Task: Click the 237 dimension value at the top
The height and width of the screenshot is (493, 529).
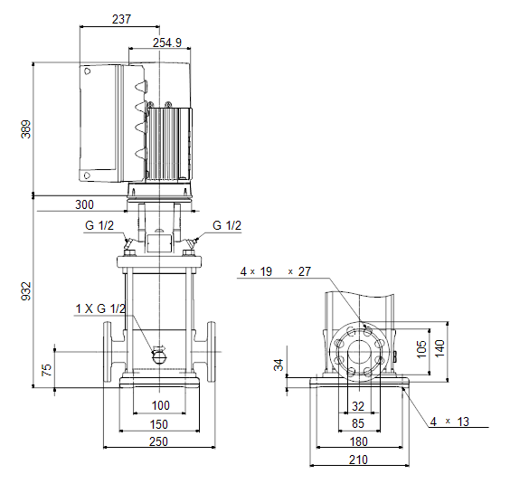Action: pos(121,19)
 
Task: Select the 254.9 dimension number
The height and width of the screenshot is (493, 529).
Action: pos(167,43)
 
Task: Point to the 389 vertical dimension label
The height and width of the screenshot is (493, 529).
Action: pos(26,128)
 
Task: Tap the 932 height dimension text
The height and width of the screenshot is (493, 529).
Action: pos(26,291)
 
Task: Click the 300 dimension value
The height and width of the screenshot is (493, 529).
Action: pos(84,204)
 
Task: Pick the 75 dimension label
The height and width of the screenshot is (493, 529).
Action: pos(46,370)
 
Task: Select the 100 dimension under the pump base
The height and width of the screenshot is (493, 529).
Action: pos(161,405)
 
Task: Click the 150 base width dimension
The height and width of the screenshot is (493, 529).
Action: pos(158,424)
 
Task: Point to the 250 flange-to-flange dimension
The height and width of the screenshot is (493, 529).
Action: pos(158,441)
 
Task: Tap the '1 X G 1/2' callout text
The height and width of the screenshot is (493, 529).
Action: pos(100,308)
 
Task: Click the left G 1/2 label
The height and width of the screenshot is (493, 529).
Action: pos(99,225)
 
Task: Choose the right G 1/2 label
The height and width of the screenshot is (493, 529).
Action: pos(227,225)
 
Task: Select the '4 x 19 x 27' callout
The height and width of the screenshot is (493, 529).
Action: pos(276,271)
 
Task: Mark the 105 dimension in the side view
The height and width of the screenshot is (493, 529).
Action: pos(421,349)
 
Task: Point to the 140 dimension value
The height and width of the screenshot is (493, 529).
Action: pos(439,349)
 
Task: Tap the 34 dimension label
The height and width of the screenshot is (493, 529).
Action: pos(279,365)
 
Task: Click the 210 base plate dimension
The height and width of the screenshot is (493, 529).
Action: pos(358,460)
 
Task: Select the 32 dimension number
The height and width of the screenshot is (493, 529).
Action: pos(358,406)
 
